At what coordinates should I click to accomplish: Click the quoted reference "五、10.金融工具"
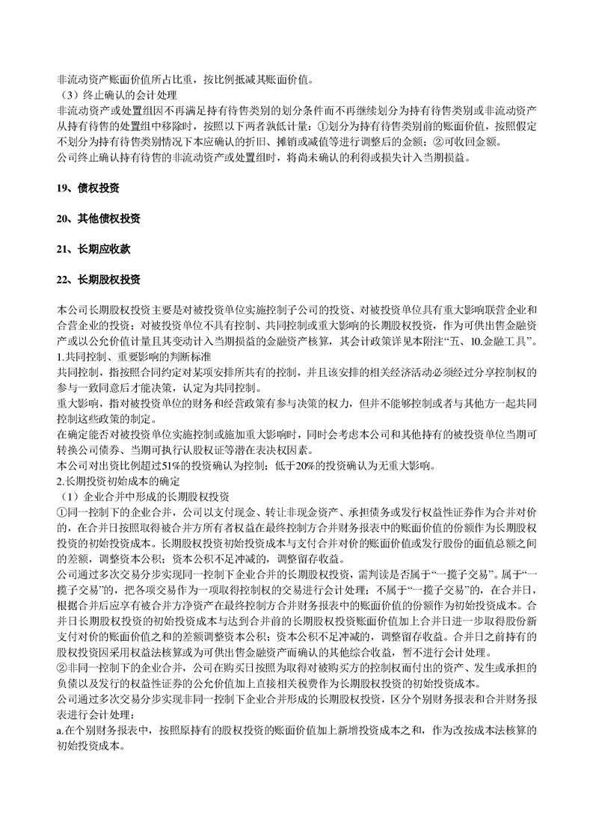click(x=488, y=342)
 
